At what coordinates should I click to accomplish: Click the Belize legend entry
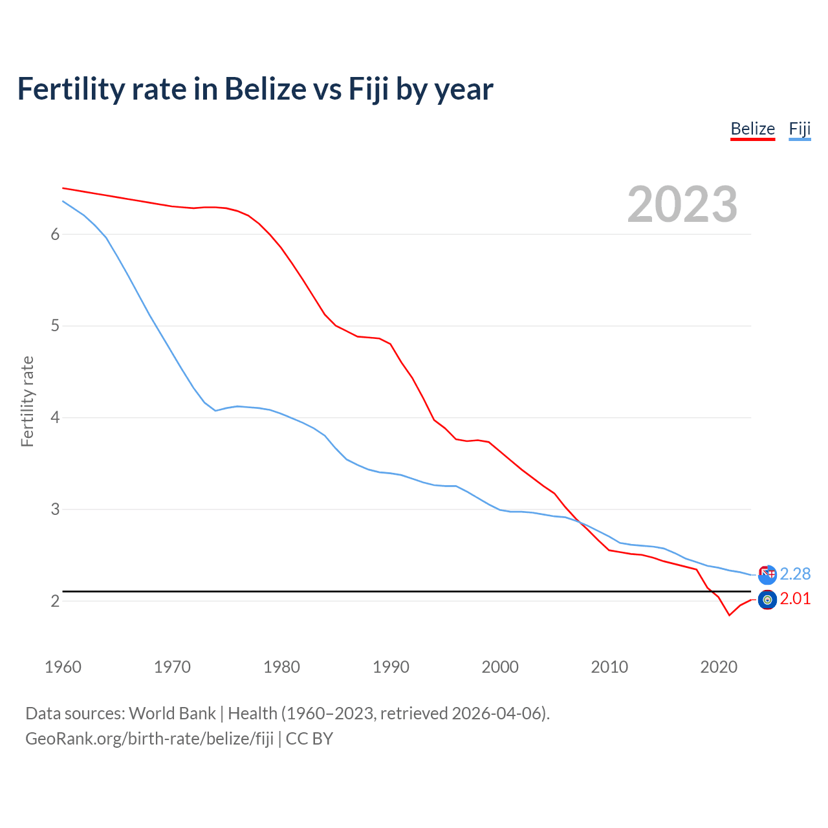pyautogui.click(x=752, y=129)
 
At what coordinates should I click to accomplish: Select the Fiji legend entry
pyautogui.click(x=800, y=129)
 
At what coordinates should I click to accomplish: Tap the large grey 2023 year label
pyautogui.click(x=682, y=204)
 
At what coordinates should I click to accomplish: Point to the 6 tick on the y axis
pyautogui.click(x=55, y=234)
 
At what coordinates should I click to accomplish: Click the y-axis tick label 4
pyautogui.click(x=55, y=418)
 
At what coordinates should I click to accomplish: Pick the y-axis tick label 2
pyautogui.click(x=55, y=601)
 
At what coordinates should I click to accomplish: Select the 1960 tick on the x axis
pyautogui.click(x=63, y=667)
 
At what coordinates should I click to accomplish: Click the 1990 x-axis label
pyautogui.click(x=391, y=667)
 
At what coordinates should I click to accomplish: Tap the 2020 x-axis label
pyautogui.click(x=719, y=667)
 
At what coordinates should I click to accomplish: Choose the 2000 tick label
pyautogui.click(x=500, y=667)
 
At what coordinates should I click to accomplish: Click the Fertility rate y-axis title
pyautogui.click(x=27, y=401)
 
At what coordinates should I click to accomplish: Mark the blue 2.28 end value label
pyautogui.click(x=795, y=574)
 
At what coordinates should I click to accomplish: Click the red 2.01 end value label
pyautogui.click(x=795, y=599)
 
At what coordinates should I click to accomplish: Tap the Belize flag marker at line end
pyautogui.click(x=767, y=600)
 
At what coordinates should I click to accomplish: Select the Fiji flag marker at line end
pyautogui.click(x=767, y=574)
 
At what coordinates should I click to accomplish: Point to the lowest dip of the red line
pyautogui.click(x=729, y=615)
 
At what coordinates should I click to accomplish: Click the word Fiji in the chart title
pyautogui.click(x=369, y=89)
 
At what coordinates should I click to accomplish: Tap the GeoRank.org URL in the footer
pyautogui.click(x=149, y=739)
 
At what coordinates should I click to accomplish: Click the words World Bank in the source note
pyautogui.click(x=172, y=714)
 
